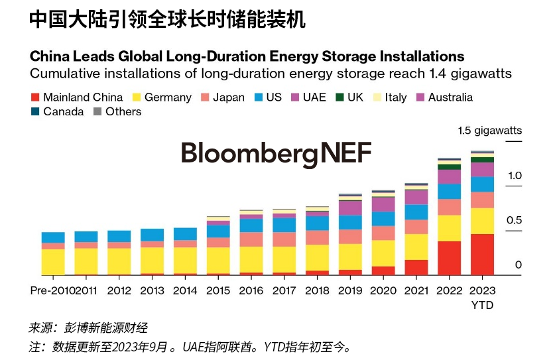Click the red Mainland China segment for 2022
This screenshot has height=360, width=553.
[450, 258]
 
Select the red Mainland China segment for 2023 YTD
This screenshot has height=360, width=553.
[482, 254]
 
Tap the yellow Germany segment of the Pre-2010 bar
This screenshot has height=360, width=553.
[53, 262]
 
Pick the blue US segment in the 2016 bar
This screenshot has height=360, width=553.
[251, 225]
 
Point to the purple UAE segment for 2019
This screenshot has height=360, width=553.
[350, 208]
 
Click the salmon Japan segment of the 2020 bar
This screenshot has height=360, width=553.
[383, 233]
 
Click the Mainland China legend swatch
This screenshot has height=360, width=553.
[36, 97]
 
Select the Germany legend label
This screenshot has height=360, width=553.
[168, 97]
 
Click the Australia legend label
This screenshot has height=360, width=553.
[450, 97]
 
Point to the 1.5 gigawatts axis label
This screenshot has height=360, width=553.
[489, 131]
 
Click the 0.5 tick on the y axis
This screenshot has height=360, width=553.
[515, 221]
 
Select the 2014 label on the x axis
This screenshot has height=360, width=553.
[185, 290]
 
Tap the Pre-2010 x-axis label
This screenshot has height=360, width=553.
[51, 290]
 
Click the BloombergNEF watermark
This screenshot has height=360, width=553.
[276, 152]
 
